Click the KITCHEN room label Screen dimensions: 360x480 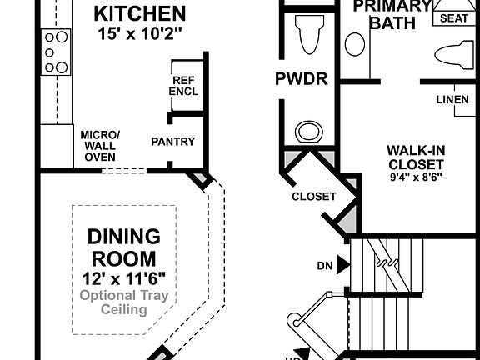(x=139, y=14)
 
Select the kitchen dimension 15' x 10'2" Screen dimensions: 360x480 (x=139, y=33)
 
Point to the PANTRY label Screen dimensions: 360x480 (x=172, y=142)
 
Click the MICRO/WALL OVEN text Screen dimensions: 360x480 (x=100, y=146)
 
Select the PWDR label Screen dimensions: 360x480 (x=301, y=80)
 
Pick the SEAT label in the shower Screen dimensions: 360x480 (x=452, y=17)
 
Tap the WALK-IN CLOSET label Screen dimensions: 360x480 (x=415, y=157)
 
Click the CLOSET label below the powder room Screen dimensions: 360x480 (x=313, y=197)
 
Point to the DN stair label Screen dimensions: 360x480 (x=325, y=266)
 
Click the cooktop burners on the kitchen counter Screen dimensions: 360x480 (x=57, y=52)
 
